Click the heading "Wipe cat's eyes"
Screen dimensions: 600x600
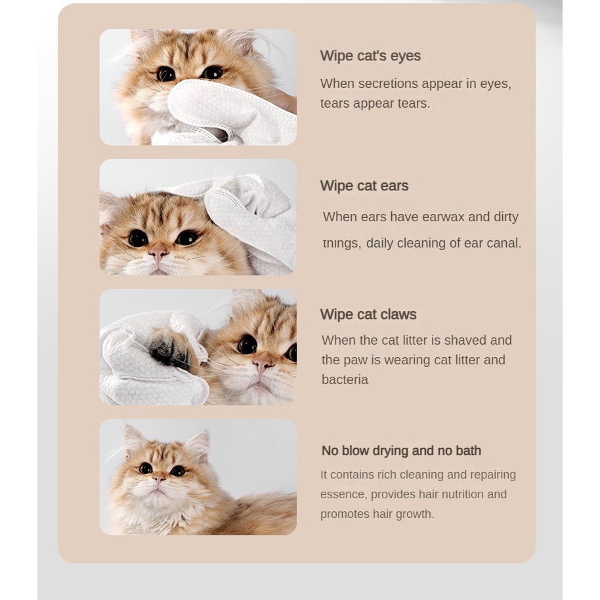tap(370, 56)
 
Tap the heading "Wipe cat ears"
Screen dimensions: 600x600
tap(364, 186)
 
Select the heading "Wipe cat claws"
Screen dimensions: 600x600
tap(368, 314)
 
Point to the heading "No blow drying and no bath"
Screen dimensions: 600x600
tap(401, 451)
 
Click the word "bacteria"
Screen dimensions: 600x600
tap(345, 379)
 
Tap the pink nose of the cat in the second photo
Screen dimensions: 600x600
tap(158, 253)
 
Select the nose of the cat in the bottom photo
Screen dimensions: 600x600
tap(159, 478)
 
